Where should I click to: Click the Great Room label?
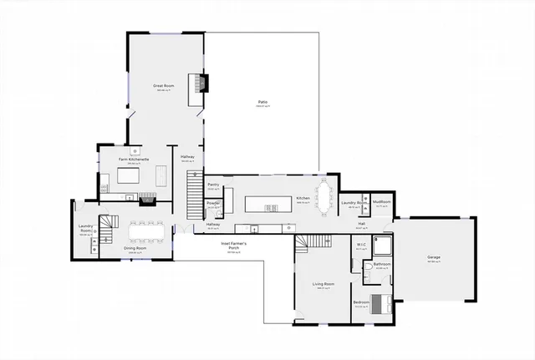click(162, 85)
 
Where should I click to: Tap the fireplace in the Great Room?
click(200, 83)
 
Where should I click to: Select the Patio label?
click(262, 104)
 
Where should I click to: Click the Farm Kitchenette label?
click(134, 159)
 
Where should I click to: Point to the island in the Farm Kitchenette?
click(130, 177)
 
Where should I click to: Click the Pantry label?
click(212, 185)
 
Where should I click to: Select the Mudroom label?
click(382, 201)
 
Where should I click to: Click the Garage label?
click(434, 258)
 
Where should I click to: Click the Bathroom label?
click(382, 264)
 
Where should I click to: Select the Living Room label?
click(324, 285)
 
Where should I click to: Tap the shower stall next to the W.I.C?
click(382, 244)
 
